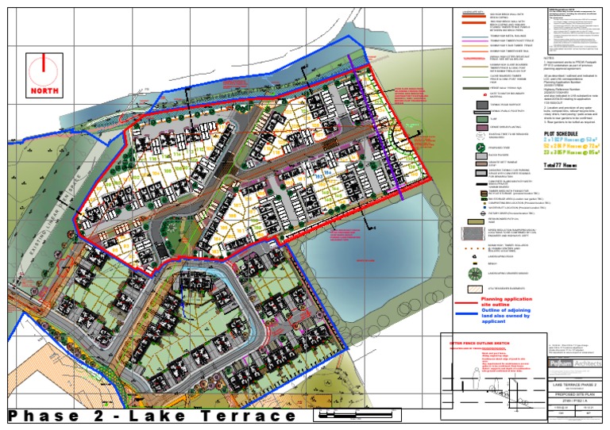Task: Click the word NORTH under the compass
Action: click(45, 90)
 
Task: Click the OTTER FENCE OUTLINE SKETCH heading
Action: click(479, 342)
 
